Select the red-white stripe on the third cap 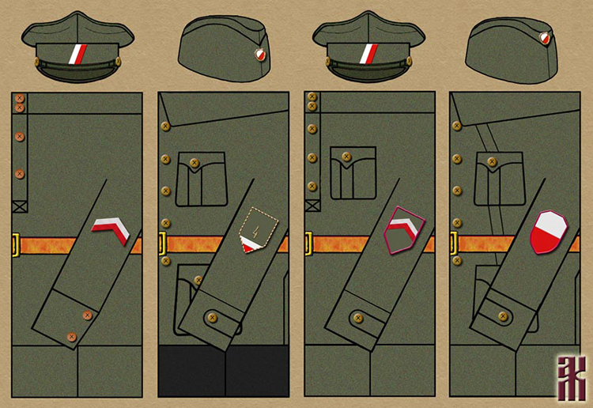pyautogui.click(x=370, y=55)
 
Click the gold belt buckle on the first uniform pyautogui.click(x=15, y=245)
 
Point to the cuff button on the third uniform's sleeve pyautogui.click(x=358, y=318)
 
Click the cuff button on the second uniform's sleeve pyautogui.click(x=211, y=317)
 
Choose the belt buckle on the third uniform pyautogui.click(x=308, y=244)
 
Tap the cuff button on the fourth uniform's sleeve pyautogui.click(x=502, y=316)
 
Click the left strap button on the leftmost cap pyautogui.click(x=39, y=60)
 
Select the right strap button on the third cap pyautogui.click(x=409, y=61)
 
